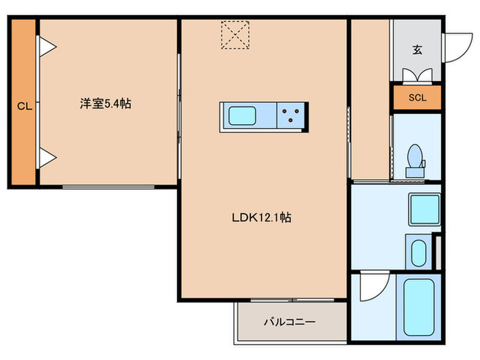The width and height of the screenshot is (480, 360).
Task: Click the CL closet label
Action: click(23, 106)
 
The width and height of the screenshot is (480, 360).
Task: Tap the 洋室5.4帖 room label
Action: click(106, 104)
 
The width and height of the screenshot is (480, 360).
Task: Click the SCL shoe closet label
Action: click(417, 97)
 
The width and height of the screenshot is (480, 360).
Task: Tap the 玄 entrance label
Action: click(417, 49)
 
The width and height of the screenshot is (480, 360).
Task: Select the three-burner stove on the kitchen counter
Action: click(292, 115)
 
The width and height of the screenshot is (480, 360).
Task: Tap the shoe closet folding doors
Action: click(417, 75)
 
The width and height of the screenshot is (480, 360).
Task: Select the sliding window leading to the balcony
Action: click(291, 300)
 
